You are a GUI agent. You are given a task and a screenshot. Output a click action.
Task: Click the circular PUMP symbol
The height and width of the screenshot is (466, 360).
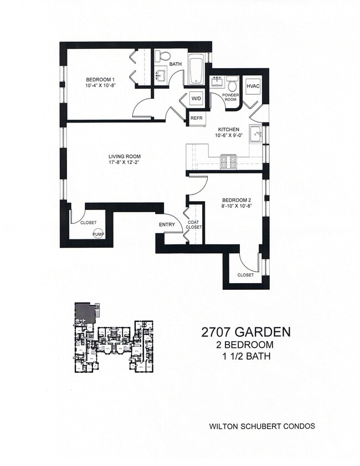tap(97, 234)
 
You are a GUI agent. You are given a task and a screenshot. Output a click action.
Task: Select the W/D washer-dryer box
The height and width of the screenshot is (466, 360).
tap(197, 99)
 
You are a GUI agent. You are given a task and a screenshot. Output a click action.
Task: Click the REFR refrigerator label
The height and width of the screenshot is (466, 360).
tap(197, 118)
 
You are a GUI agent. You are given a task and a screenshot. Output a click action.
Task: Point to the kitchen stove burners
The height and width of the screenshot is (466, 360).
tap(229, 162)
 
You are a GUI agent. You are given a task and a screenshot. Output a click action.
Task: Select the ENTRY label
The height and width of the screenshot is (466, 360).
tap(167, 224)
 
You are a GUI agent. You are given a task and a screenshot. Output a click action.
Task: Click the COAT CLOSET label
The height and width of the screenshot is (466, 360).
tap(193, 224)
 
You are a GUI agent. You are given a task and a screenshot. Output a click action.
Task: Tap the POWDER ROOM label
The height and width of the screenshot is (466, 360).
tap(230, 97)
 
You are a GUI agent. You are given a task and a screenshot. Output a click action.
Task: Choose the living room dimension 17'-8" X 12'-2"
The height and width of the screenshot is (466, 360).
tap(124, 163)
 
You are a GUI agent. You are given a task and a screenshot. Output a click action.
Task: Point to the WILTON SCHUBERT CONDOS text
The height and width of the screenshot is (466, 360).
tap(261, 426)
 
